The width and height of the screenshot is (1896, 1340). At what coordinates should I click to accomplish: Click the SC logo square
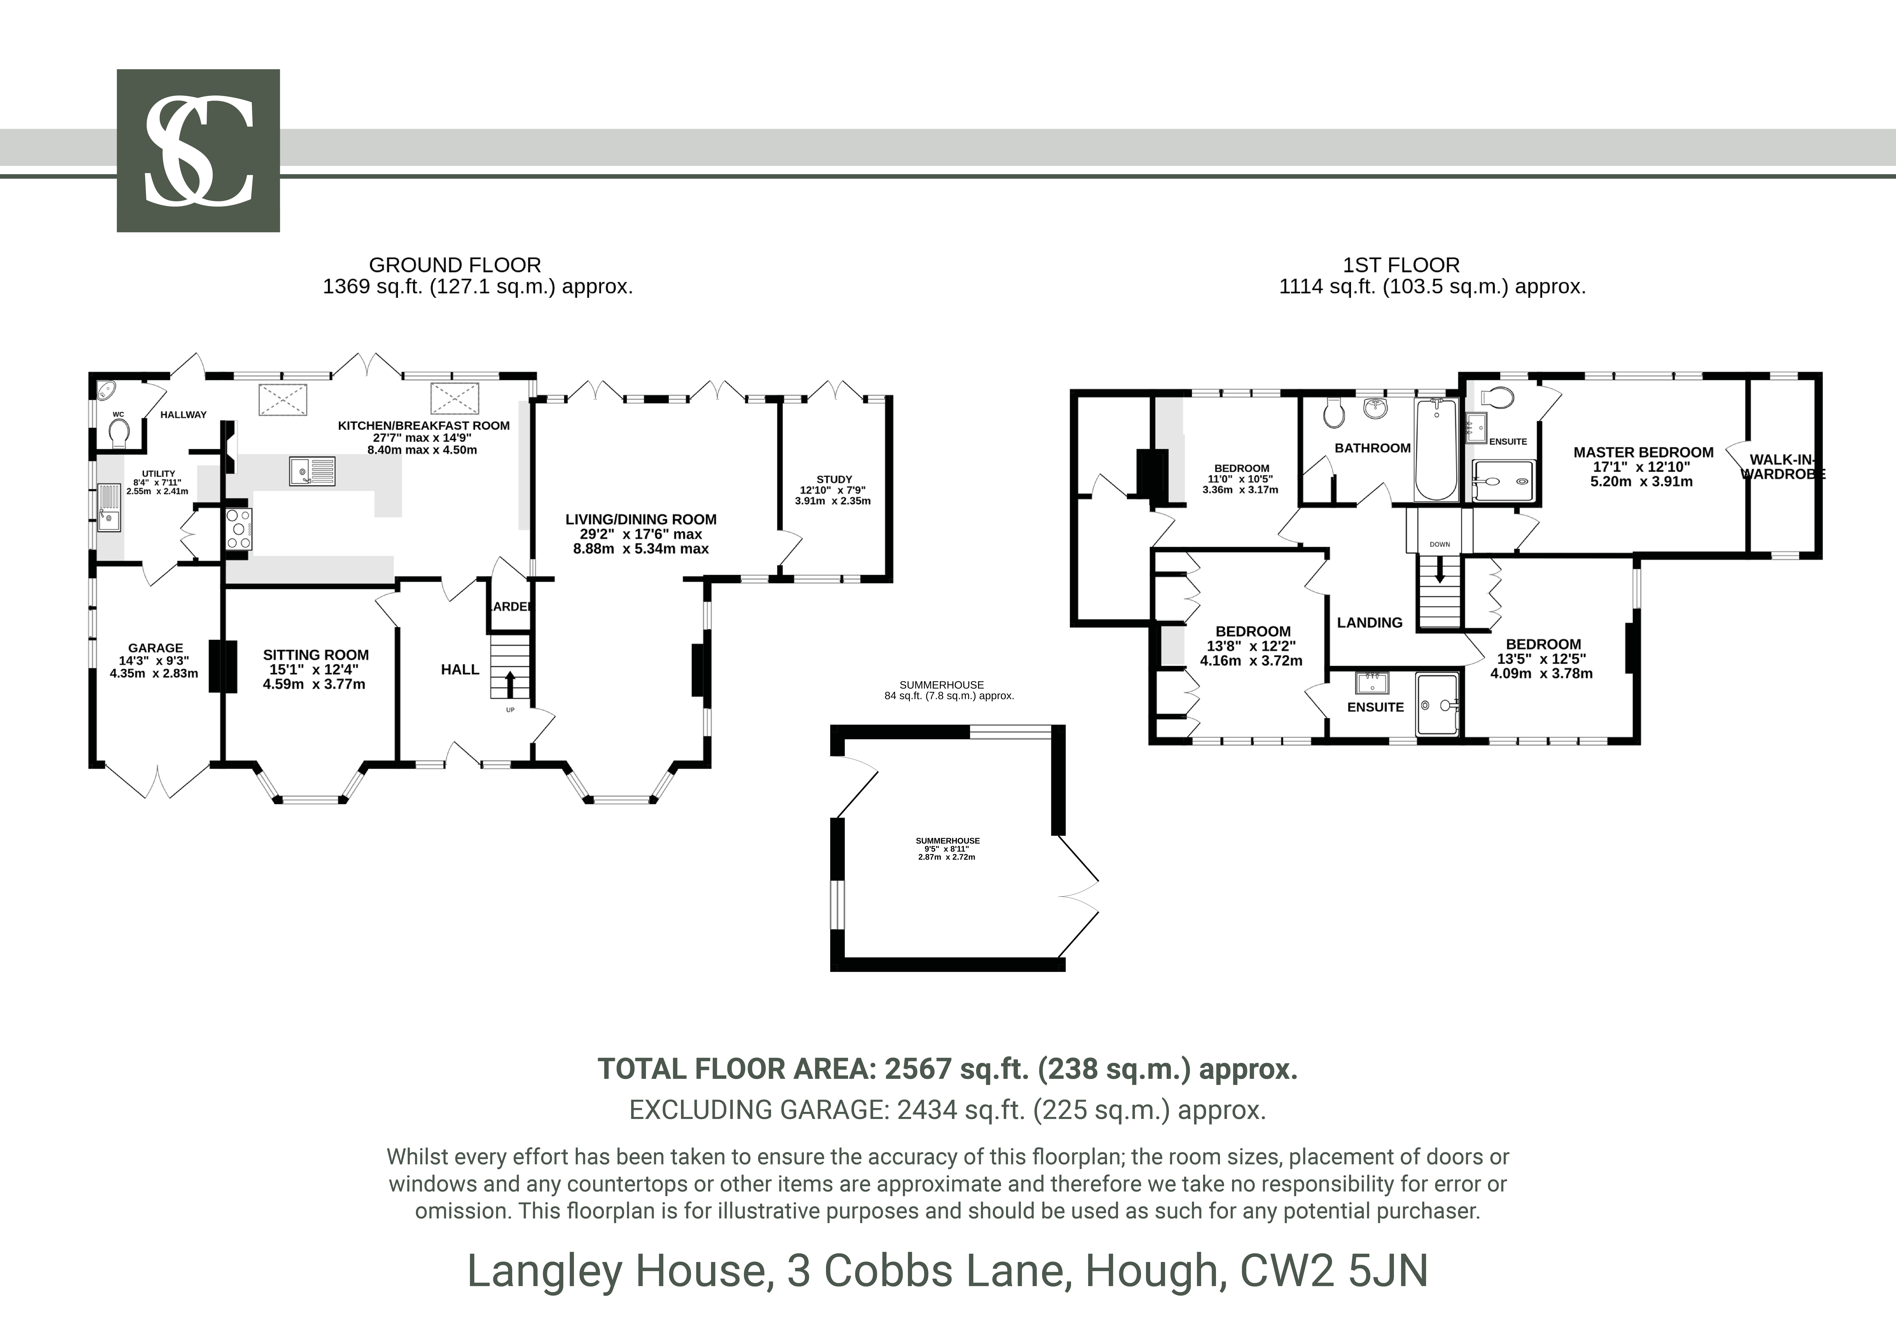pyautogui.click(x=198, y=150)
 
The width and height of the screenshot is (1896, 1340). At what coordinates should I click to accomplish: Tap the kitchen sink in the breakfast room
pyautogui.click(x=312, y=471)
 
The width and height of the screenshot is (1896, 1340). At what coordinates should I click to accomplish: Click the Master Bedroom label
pyautogui.click(x=1643, y=452)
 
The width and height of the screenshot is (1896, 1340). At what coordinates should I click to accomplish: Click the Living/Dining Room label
pyautogui.click(x=641, y=519)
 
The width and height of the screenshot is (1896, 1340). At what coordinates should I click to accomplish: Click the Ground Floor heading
pyautogui.click(x=455, y=265)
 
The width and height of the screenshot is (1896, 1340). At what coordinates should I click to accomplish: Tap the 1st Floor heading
pyautogui.click(x=1401, y=265)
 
